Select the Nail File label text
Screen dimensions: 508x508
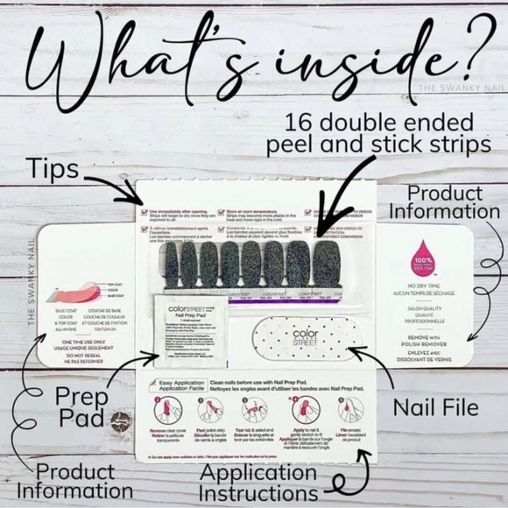point(435,407)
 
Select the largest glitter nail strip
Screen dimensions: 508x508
point(326,263)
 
